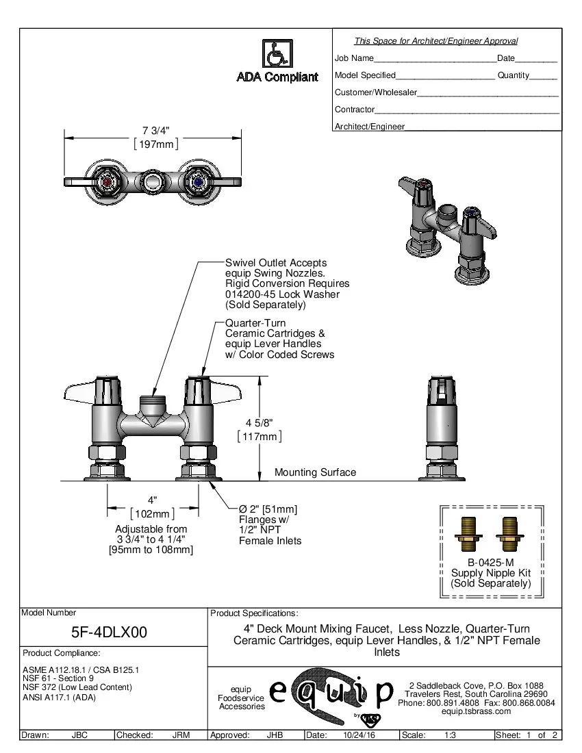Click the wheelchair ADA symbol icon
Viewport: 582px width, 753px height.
[277, 53]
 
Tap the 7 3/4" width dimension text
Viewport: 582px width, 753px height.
[155, 130]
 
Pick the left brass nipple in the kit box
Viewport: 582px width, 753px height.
[468, 534]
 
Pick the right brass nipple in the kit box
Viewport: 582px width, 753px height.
[509, 534]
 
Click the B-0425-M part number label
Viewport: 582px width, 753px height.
[490, 563]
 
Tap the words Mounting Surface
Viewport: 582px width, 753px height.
[315, 472]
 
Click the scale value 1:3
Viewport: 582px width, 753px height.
[451, 735]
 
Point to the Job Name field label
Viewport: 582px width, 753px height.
[354, 58]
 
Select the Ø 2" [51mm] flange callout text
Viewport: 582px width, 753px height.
[267, 509]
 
